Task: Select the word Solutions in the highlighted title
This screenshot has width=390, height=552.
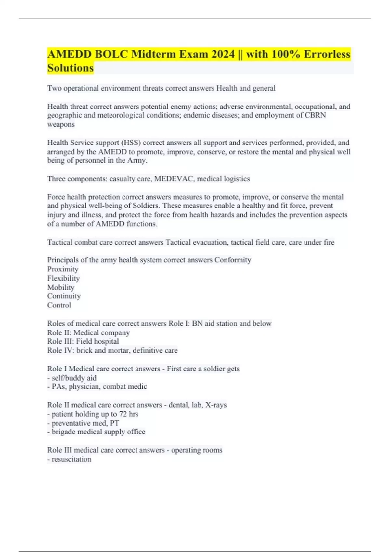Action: [x=70, y=68]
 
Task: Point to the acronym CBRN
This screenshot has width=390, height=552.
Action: [x=315, y=115]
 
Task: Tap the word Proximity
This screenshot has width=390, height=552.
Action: [x=63, y=269]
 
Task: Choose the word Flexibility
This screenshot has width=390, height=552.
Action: [x=63, y=278]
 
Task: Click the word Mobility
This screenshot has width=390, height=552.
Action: [x=61, y=287]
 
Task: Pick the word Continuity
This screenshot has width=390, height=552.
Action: [x=64, y=296]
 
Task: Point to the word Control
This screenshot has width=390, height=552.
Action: [x=59, y=305]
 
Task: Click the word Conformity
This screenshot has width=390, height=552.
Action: [x=233, y=260]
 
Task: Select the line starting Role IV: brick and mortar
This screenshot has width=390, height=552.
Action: [x=112, y=350]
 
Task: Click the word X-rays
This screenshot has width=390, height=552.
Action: [x=216, y=405]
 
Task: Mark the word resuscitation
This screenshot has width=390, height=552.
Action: [x=71, y=459]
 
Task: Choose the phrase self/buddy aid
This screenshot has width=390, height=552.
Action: [x=74, y=378]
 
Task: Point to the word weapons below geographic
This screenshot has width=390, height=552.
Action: [x=61, y=124]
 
